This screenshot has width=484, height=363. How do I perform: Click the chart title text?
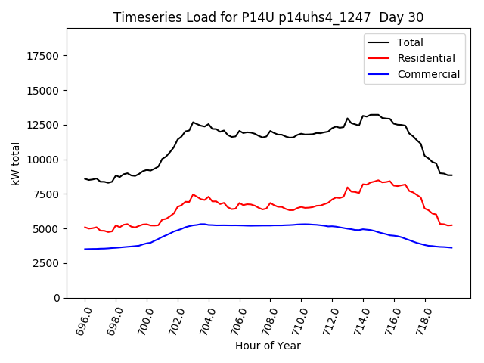268,17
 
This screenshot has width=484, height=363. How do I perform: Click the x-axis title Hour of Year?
268,346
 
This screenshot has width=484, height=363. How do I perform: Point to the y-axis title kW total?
15,163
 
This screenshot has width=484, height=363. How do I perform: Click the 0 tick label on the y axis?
57,298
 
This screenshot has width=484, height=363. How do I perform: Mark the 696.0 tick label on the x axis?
82,321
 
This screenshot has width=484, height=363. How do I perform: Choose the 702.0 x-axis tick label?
174,321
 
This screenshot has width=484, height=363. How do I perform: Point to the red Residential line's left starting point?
85,227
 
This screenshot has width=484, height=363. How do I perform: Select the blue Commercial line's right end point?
452,247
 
